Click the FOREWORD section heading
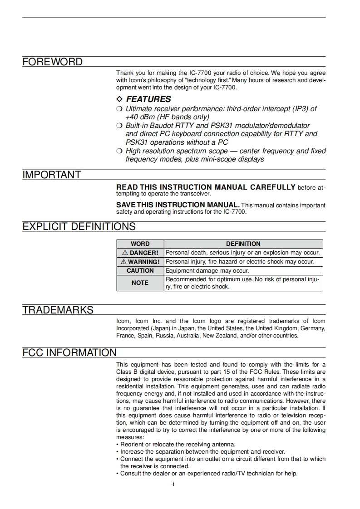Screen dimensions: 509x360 pos(53,62)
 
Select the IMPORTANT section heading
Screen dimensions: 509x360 pos(52,175)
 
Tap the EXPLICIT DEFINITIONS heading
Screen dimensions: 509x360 pos(79,226)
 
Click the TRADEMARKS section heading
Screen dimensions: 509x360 pos(58,310)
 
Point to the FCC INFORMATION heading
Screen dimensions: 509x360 pos(69,352)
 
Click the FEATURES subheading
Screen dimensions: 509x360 pos(148,99)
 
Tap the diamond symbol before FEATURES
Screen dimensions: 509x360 pos(119,99)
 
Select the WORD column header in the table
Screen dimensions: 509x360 pos(140,244)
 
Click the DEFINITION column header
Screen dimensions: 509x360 pos(243,244)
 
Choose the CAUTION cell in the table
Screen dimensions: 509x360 pos(140,270)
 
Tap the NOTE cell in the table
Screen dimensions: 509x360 pos(140,283)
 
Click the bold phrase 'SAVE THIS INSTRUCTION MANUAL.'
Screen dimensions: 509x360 pos(178,205)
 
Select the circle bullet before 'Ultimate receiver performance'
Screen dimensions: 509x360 pos(119,109)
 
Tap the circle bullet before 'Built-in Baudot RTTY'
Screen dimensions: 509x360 pos(119,126)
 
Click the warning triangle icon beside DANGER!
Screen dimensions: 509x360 pos(125,253)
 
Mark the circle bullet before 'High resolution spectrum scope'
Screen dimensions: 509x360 pos(119,151)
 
